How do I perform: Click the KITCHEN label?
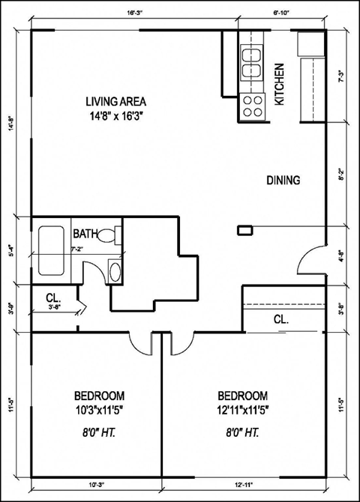coord(280,83)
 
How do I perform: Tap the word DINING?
coord(283,180)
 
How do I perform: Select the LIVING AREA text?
coord(115,102)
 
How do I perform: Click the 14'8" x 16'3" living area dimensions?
coord(115,116)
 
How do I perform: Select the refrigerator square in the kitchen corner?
coord(310,44)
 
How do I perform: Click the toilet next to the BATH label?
coord(110,235)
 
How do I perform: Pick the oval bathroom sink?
coord(113,270)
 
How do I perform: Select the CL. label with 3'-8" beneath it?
coord(52,296)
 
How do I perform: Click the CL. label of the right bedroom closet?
coord(281,319)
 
